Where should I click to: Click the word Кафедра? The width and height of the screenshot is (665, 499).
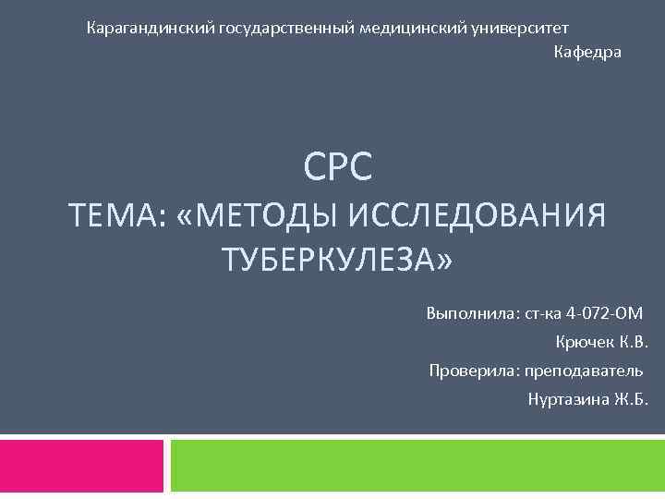[x=587, y=53]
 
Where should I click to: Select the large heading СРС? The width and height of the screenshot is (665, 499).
[x=338, y=167]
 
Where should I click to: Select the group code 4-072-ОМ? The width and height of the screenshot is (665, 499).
[x=603, y=313]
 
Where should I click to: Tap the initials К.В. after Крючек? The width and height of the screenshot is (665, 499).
[x=633, y=343]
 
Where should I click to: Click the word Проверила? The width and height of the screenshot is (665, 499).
[x=474, y=371]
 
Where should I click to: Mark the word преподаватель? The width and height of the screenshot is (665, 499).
[x=584, y=371]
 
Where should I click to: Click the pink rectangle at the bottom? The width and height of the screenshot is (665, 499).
[x=81, y=465]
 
